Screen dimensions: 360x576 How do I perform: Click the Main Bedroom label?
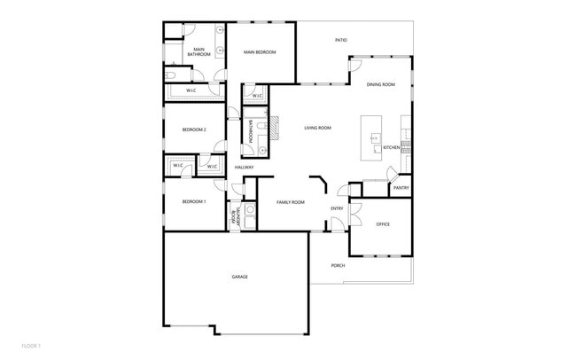(260, 52)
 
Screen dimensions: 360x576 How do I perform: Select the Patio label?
(340, 40)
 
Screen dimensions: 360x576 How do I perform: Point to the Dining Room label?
(381, 84)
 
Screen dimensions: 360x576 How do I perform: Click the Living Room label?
(317, 129)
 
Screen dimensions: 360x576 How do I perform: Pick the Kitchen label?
(392, 147)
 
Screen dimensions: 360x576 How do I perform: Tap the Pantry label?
(401, 188)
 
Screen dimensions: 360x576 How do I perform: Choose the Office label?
(383, 224)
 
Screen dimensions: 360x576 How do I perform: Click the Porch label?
(338, 266)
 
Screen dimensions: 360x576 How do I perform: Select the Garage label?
(239, 277)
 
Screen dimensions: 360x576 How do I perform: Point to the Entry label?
(337, 208)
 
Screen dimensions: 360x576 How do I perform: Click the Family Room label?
(290, 202)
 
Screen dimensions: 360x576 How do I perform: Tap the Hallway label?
(244, 168)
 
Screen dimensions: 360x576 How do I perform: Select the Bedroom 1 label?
(194, 202)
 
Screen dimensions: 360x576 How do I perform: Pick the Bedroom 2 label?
(194, 130)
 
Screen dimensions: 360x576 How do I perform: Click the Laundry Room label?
(234, 215)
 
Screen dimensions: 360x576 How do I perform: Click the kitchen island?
(372, 137)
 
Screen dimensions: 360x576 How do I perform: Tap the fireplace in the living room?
(276, 130)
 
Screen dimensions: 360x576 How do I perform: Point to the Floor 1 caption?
(32, 345)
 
